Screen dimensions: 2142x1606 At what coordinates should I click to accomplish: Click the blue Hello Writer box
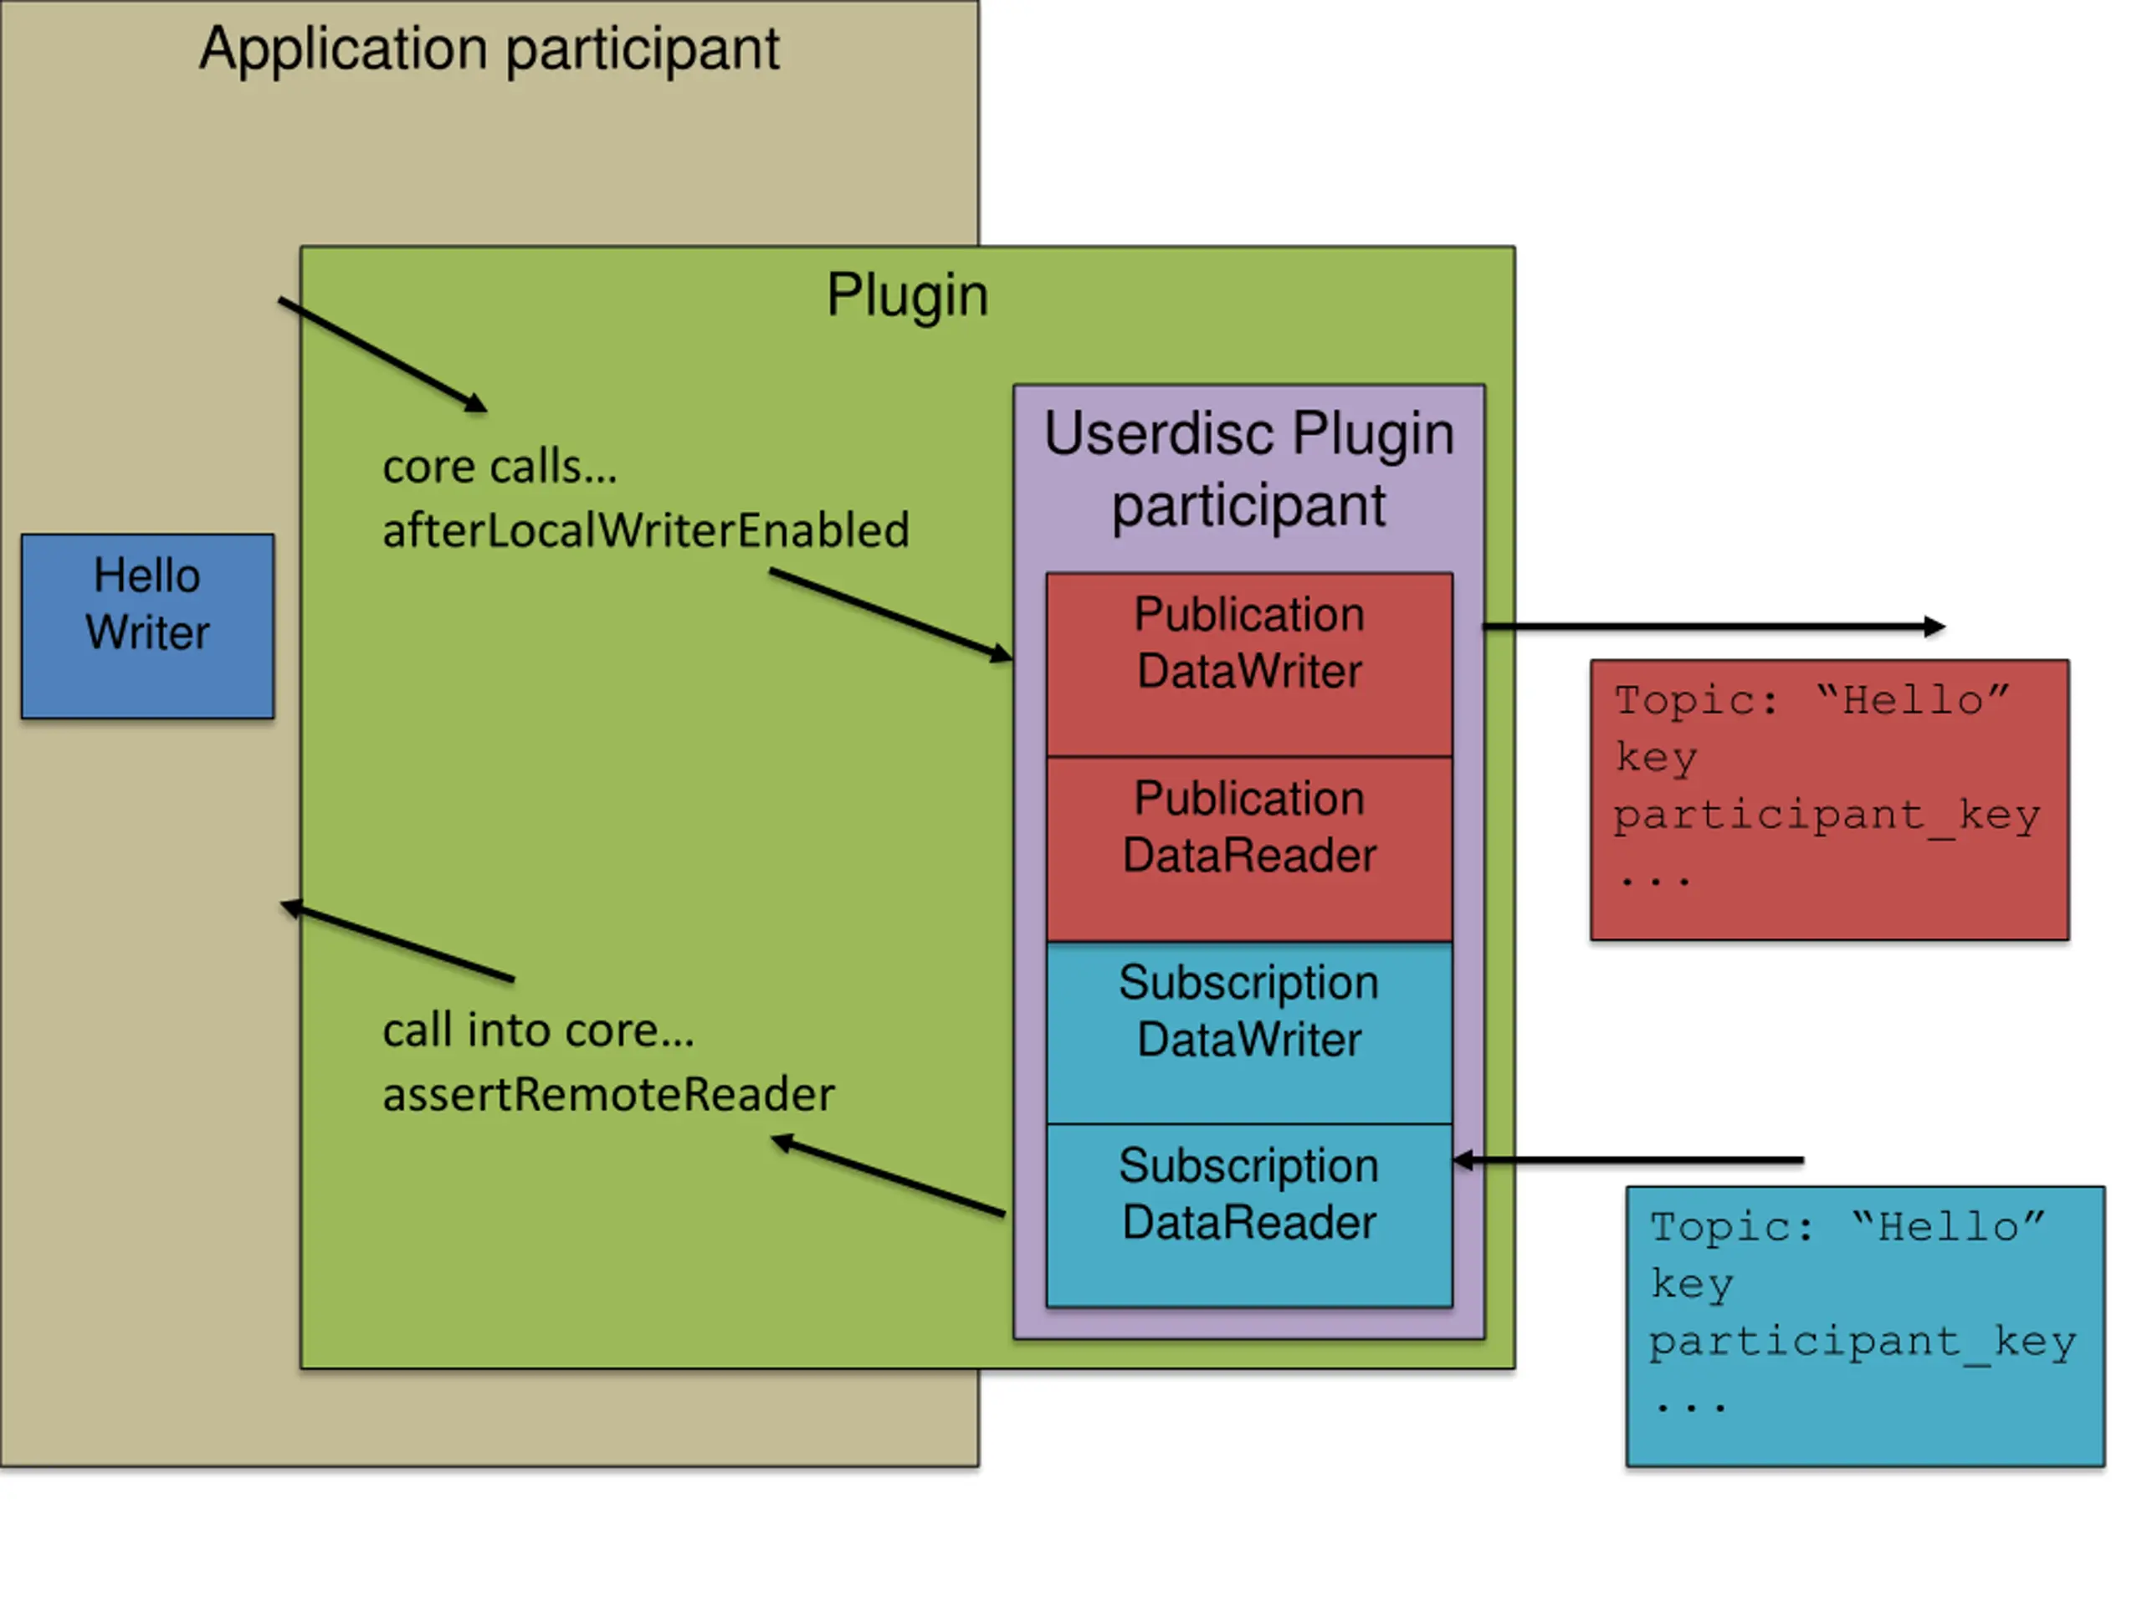(147, 626)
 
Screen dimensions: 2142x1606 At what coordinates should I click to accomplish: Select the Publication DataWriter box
(1249, 664)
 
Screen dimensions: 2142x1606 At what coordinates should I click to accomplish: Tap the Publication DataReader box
(1249, 848)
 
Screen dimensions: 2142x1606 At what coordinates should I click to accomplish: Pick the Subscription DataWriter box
(1249, 1032)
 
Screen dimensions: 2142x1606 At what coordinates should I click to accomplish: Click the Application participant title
(489, 50)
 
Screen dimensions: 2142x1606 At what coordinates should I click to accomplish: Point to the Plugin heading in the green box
(907, 295)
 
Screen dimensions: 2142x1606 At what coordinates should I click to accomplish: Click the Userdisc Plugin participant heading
(1249, 469)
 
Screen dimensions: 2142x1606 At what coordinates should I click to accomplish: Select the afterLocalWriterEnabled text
(646, 530)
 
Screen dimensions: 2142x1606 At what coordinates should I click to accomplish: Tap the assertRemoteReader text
(608, 1095)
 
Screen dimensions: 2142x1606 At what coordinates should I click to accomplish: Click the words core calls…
(500, 467)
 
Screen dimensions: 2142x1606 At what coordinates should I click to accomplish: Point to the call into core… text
(538, 1030)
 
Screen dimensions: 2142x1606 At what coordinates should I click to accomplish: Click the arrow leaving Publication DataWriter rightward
(1713, 627)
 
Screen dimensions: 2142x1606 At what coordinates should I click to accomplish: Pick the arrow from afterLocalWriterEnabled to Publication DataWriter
(891, 616)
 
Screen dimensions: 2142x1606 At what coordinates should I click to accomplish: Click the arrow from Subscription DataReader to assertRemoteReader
(888, 1175)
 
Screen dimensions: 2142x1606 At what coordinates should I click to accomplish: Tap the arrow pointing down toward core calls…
(382, 355)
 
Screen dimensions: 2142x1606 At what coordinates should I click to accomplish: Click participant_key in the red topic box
(1827, 816)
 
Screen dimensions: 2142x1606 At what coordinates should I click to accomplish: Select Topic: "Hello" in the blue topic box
(1847, 1227)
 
